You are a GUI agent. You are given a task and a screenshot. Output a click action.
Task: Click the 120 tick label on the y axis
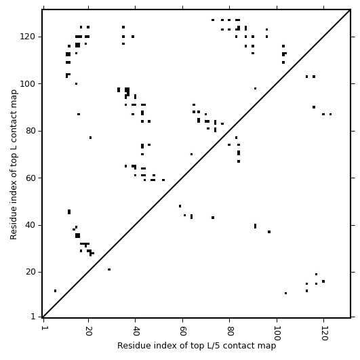coord(27,37)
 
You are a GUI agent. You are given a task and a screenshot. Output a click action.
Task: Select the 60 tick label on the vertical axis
coord(30,178)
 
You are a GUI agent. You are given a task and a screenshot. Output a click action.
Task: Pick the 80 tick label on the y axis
coord(30,131)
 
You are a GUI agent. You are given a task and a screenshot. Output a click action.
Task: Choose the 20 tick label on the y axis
coord(30,272)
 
